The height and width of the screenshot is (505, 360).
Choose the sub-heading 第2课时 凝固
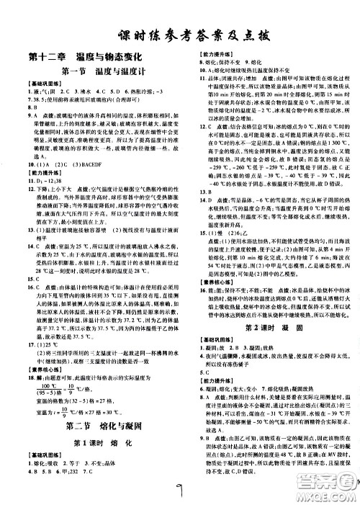(270, 307)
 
